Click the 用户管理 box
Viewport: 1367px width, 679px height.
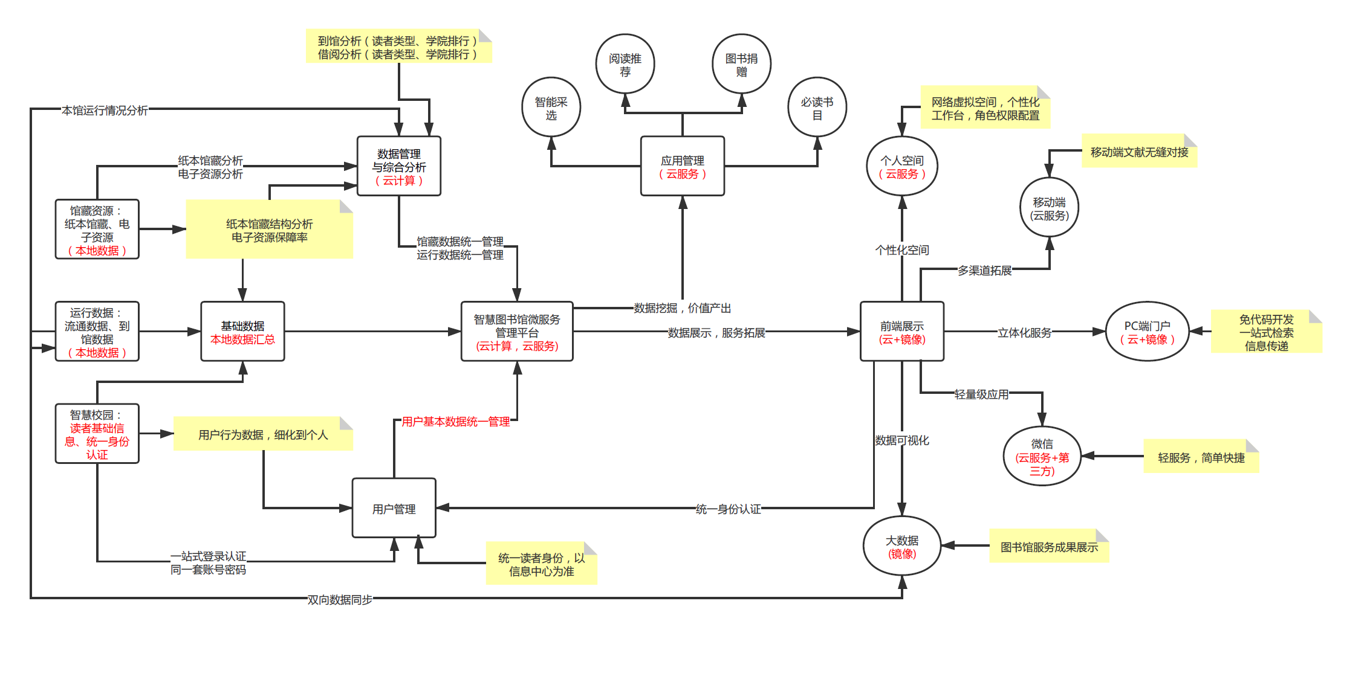coord(394,508)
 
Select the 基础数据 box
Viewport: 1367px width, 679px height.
coord(242,332)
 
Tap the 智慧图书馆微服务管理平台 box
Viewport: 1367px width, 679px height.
coord(517,332)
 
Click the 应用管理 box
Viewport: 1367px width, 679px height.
coord(682,166)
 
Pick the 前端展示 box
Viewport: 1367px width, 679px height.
coord(901,332)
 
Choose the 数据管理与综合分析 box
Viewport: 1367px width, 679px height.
coord(398,166)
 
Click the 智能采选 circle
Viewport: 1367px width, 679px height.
coord(551,107)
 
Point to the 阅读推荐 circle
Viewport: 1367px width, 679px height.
coord(625,63)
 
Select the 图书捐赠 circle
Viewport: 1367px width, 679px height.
coord(741,63)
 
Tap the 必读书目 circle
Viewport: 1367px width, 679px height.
coord(817,107)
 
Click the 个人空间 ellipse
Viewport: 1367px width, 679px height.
coord(901,166)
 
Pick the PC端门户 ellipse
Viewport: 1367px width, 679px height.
coord(1147,332)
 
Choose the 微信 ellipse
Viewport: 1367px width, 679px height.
coord(1042,456)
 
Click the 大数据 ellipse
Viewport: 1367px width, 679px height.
coord(901,546)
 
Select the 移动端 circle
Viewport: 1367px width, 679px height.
coord(1049,207)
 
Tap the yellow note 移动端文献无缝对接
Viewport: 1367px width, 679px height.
coord(1139,152)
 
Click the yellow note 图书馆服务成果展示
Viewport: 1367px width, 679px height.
coord(1049,547)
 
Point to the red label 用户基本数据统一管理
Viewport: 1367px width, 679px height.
coord(455,421)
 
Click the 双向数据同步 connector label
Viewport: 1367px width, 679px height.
coord(340,599)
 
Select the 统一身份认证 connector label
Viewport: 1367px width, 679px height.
coord(728,509)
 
